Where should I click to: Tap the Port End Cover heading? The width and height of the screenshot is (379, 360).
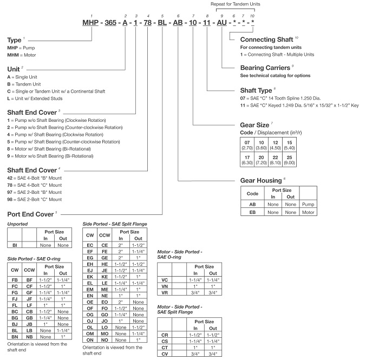(31, 214)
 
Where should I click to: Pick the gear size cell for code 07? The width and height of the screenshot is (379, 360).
(247, 143)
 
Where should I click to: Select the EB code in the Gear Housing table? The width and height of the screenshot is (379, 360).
(252, 213)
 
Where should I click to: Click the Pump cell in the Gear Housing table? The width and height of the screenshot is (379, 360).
(308, 204)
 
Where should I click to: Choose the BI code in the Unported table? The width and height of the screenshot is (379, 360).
(15, 245)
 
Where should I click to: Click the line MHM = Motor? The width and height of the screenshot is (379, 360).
(21, 56)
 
